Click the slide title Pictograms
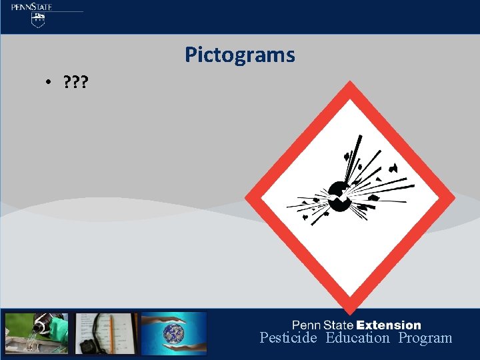click(x=239, y=55)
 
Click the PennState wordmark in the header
click(x=31, y=7)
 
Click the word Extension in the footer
click(x=389, y=325)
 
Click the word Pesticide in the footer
click(x=288, y=338)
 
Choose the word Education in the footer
click(x=357, y=338)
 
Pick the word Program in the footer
click(x=425, y=338)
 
